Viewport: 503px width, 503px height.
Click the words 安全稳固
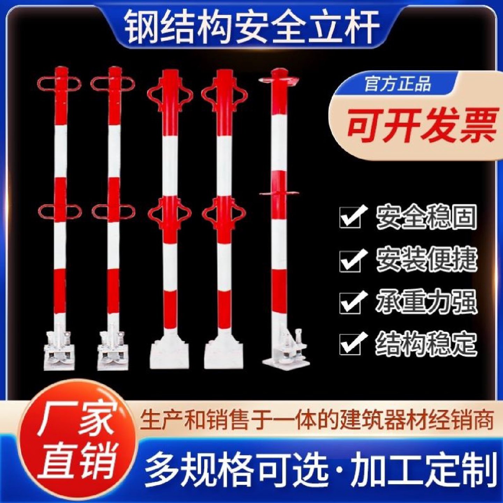(426, 217)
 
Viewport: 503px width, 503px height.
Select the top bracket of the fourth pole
(224, 94)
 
